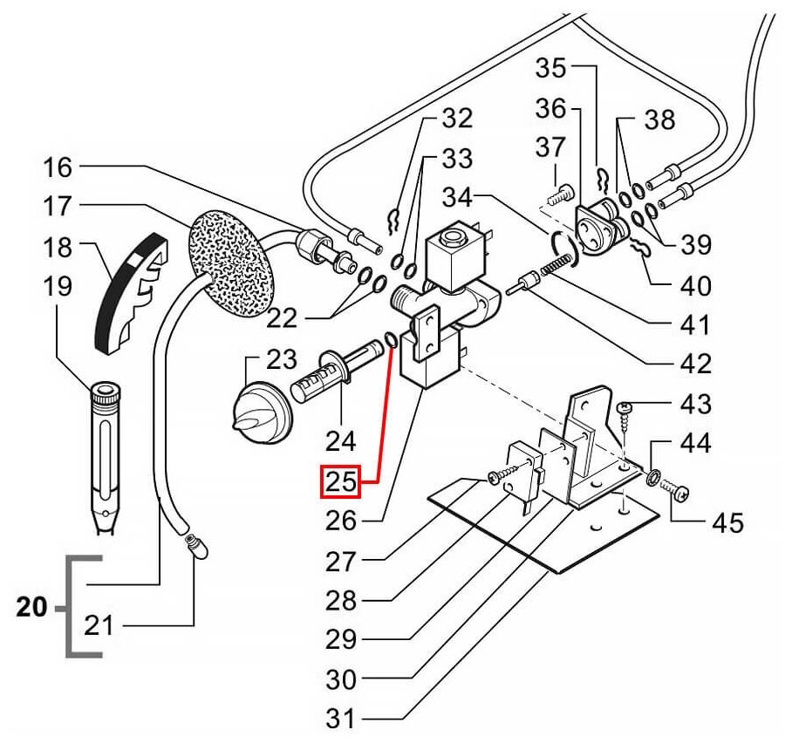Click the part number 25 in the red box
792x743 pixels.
(338, 481)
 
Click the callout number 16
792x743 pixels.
(60, 165)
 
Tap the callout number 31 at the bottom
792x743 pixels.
(341, 720)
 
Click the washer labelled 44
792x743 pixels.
(651, 476)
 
